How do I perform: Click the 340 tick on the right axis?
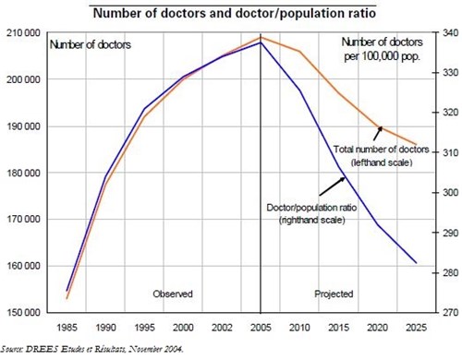pyautogui.click(x=444, y=33)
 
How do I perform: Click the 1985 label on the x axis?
pyautogui.click(x=67, y=327)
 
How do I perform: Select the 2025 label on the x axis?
pyautogui.click(x=415, y=327)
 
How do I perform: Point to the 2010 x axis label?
pyautogui.click(x=298, y=327)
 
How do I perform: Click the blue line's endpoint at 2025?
pyautogui.click(x=415, y=263)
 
